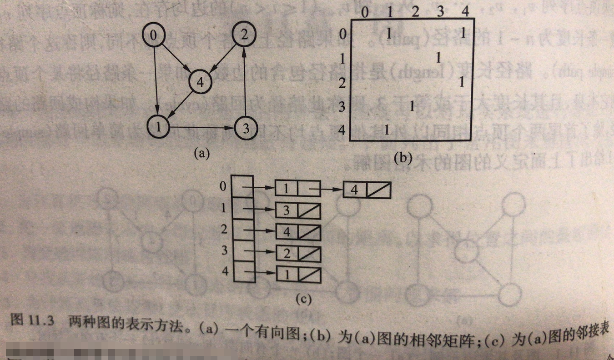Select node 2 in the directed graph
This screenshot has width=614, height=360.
pyautogui.click(x=244, y=35)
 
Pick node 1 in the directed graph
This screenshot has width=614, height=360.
pyautogui.click(x=159, y=127)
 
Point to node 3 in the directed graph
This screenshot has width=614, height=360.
pyautogui.click(x=246, y=128)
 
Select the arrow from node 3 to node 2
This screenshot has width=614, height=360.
pyautogui.click(x=245, y=82)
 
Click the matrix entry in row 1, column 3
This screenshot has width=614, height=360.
pyautogui.click(x=438, y=58)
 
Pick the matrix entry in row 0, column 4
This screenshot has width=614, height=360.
pyautogui.click(x=463, y=33)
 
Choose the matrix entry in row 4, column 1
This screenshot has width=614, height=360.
pyautogui.click(x=387, y=130)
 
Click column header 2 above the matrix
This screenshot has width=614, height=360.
pyautogui.click(x=414, y=12)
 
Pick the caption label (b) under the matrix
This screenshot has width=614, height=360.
pyautogui.click(x=403, y=158)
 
